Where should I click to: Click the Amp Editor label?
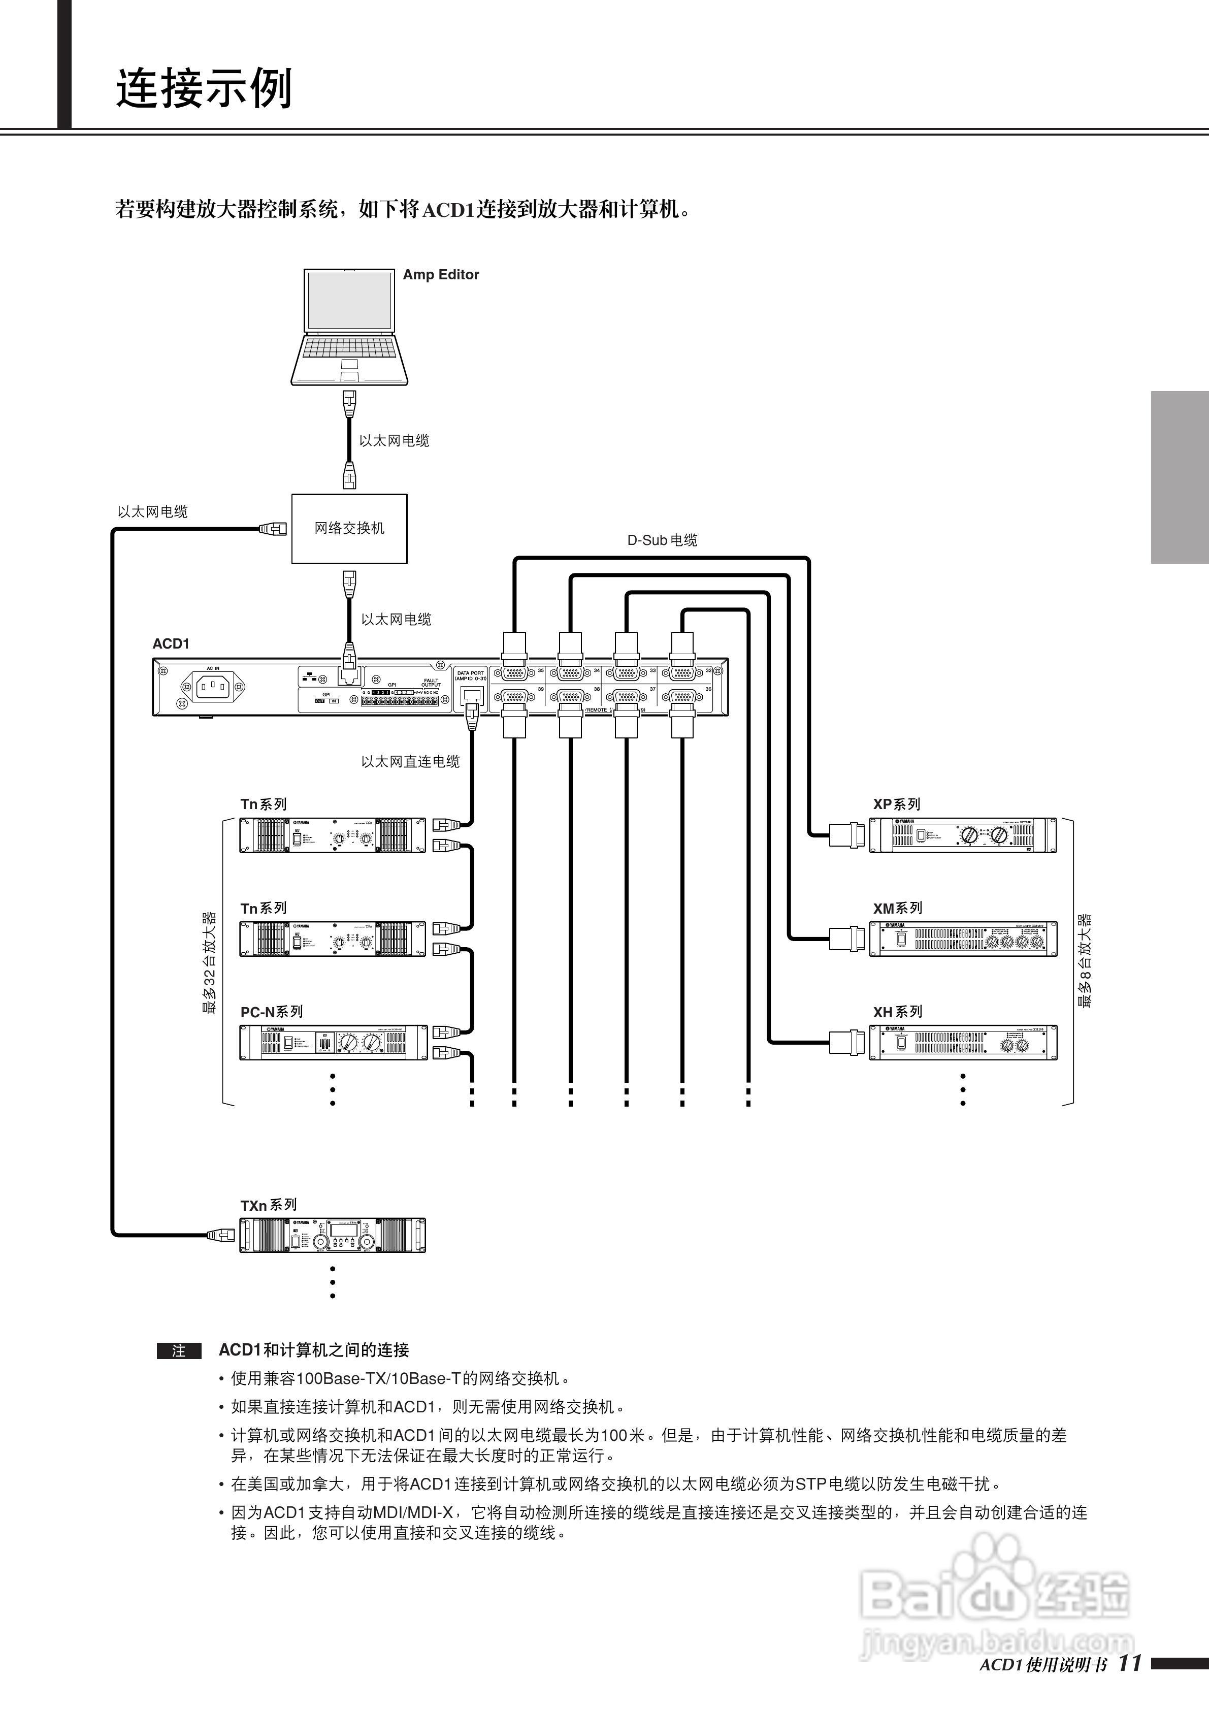click(x=440, y=274)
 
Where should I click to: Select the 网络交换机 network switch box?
click(x=349, y=528)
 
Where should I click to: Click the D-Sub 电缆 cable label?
click(x=662, y=540)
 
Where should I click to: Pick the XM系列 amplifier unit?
click(x=962, y=939)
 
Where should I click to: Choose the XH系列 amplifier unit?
click(x=962, y=1043)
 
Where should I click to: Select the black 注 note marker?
click(x=179, y=1351)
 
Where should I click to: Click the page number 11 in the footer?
click(x=1129, y=1663)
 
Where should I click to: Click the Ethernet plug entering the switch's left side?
click(x=273, y=529)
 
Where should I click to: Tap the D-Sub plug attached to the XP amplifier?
click(x=847, y=834)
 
